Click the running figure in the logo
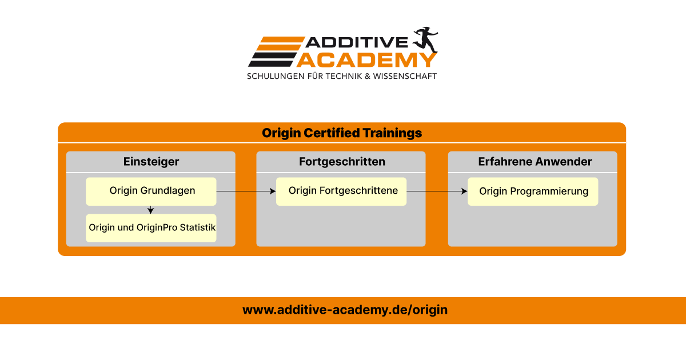[x=426, y=40]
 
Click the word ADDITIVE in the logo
[x=357, y=42]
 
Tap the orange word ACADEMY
[x=366, y=59]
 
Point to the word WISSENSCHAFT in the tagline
[x=405, y=76]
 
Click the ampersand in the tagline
[x=368, y=76]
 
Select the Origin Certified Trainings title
[x=342, y=133]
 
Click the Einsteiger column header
[x=151, y=162]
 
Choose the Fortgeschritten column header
[x=342, y=162]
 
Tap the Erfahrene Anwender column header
[x=535, y=162]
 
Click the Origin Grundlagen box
[x=151, y=191]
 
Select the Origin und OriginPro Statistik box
[x=151, y=228]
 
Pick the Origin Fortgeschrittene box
[x=341, y=191]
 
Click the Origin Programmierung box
[x=533, y=191]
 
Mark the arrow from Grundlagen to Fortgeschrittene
[x=246, y=191]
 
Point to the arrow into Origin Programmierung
[x=437, y=191]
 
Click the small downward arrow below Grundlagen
[x=150, y=210]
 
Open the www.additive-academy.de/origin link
[x=345, y=310]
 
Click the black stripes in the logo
[x=273, y=59]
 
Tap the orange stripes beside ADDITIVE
[x=281, y=43]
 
